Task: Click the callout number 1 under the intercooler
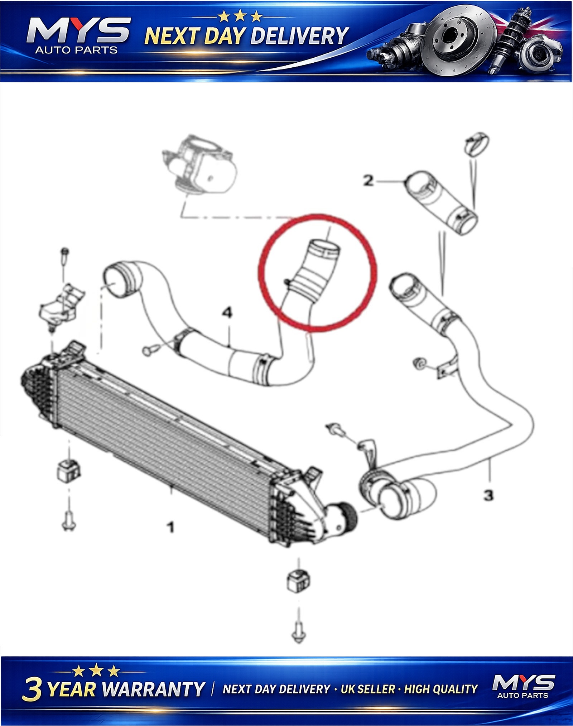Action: tap(171, 527)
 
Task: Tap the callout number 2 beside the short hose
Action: tap(369, 181)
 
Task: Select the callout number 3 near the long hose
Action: tap(488, 496)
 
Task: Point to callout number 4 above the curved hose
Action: tap(227, 312)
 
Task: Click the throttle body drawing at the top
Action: tap(200, 165)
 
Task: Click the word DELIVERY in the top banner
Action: tap(299, 36)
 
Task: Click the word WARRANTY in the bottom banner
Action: tap(154, 689)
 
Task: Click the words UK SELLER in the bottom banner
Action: tap(367, 689)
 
